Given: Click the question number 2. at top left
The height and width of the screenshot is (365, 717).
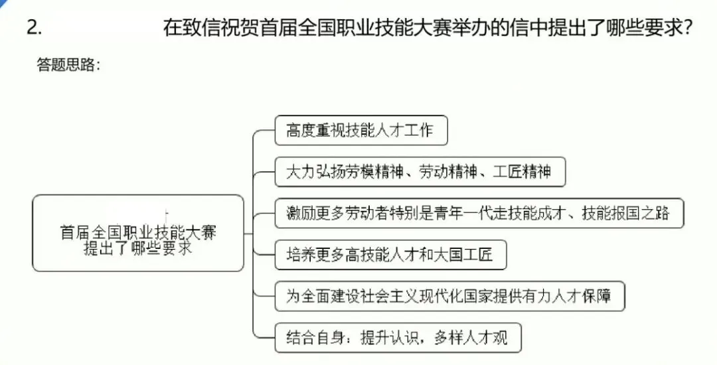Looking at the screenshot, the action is pos(35,28).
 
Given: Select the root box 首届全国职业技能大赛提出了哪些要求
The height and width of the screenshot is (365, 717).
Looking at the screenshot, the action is pos(138,233).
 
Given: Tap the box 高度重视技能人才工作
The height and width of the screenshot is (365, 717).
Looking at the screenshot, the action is pos(361,130).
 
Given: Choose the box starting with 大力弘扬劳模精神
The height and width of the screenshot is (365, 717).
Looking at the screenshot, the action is pos(420,172).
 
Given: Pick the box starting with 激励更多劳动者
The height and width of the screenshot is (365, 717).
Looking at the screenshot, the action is pos(479,214).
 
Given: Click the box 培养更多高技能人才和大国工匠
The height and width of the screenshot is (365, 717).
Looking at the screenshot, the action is pos(390,256).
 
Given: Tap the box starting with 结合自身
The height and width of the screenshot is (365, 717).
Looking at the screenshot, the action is pos(398,338).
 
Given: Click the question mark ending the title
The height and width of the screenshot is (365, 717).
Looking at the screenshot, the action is pos(688,28).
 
